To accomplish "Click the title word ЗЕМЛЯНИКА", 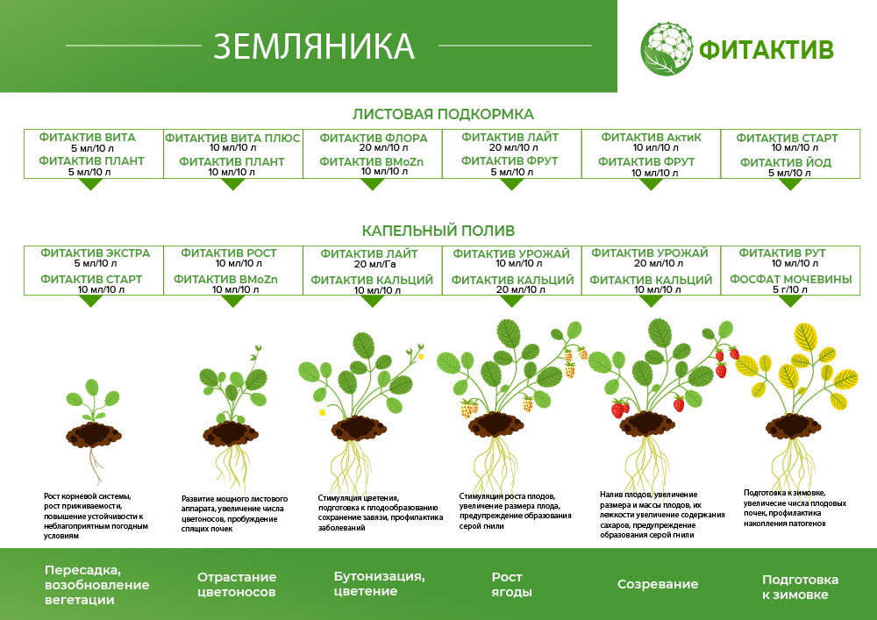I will click(x=314, y=46).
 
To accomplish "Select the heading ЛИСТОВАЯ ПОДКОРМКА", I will click(x=443, y=114).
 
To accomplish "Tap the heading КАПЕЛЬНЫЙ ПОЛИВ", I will click(x=438, y=231).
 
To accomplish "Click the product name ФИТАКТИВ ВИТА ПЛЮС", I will click(x=232, y=139).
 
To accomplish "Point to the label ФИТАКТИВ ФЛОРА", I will click(x=373, y=139).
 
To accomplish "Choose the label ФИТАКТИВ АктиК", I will click(x=651, y=138).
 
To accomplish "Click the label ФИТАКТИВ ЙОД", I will click(x=785, y=163).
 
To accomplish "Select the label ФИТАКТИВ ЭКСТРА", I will click(x=95, y=253).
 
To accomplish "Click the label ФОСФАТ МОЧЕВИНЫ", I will click(x=790, y=280).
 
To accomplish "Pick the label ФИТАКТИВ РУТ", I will click(x=784, y=253).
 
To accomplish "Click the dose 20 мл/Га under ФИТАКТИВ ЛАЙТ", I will click(x=373, y=264).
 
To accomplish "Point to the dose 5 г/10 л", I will click(x=789, y=289).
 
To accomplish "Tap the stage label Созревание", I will click(x=657, y=584).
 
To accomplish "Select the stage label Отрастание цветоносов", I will click(x=236, y=584).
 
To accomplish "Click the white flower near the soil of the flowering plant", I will click(x=322, y=412).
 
